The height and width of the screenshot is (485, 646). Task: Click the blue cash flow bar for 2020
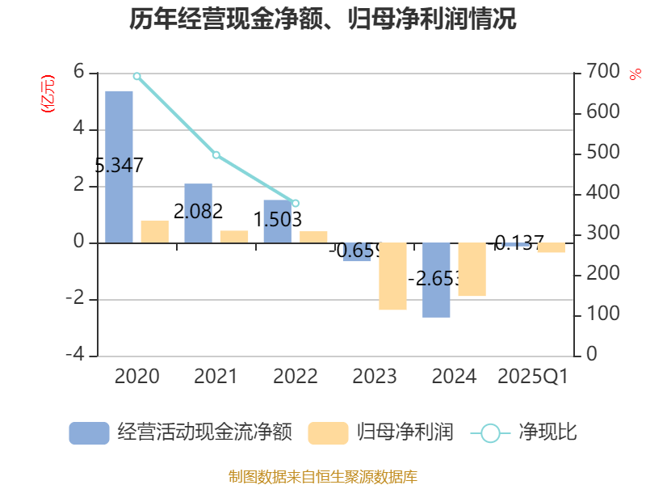(x=119, y=167)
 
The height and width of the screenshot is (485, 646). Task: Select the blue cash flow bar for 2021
(x=198, y=213)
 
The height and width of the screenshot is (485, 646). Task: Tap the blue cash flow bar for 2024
(x=436, y=280)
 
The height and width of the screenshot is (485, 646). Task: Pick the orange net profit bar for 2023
(x=392, y=276)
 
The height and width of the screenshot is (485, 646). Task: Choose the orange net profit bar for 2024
(x=472, y=269)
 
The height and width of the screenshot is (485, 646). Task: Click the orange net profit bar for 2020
(x=154, y=231)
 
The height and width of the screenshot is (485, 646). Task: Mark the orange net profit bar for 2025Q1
(x=551, y=248)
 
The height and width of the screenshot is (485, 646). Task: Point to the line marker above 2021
(x=216, y=154)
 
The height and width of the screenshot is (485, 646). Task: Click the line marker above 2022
(x=296, y=203)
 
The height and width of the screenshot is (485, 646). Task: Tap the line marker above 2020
(x=136, y=76)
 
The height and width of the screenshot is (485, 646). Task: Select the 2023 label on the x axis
(x=374, y=377)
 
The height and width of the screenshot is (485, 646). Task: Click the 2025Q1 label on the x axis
(x=533, y=377)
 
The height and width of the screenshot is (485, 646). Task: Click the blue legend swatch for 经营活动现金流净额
(x=89, y=433)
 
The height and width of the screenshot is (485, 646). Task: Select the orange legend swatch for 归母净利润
(x=328, y=433)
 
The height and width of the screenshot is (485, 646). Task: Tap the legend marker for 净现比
(x=490, y=433)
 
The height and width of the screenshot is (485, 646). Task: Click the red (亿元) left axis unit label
(x=48, y=93)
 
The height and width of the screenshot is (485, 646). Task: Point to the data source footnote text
(x=323, y=476)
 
